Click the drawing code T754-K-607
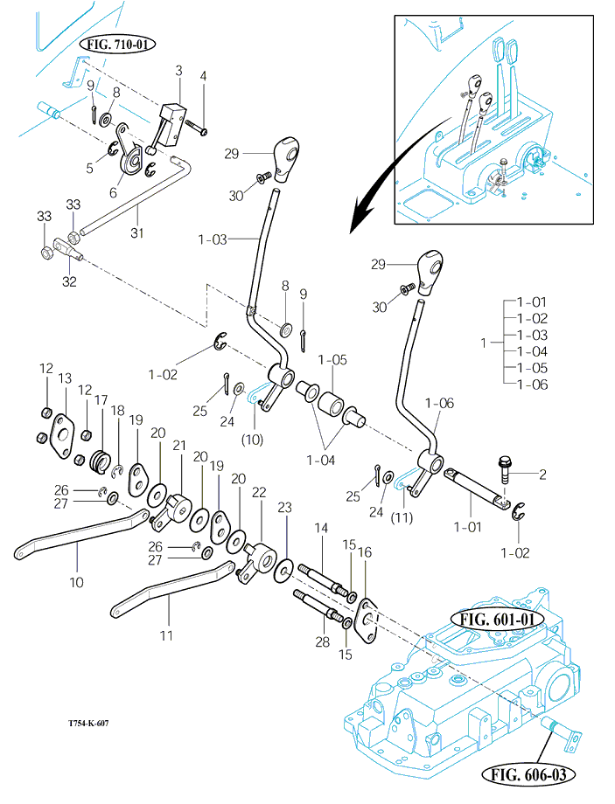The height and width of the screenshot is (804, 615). click(x=88, y=724)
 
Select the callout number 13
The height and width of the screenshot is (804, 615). click(x=65, y=378)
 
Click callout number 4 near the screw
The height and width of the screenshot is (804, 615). click(x=204, y=77)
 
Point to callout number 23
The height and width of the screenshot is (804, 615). click(x=284, y=506)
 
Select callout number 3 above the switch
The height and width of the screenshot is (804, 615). click(x=178, y=70)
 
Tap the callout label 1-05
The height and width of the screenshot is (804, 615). click(x=332, y=359)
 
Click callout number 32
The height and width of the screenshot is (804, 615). click(x=69, y=281)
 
